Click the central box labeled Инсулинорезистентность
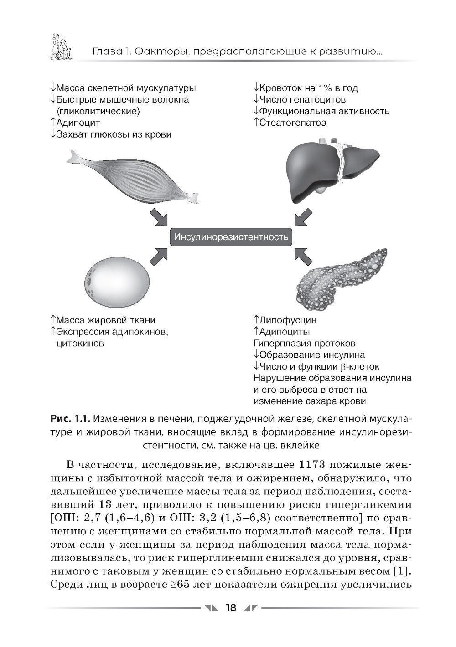(x=231, y=237)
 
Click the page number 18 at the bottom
(x=231, y=607)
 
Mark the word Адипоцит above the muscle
(x=78, y=123)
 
